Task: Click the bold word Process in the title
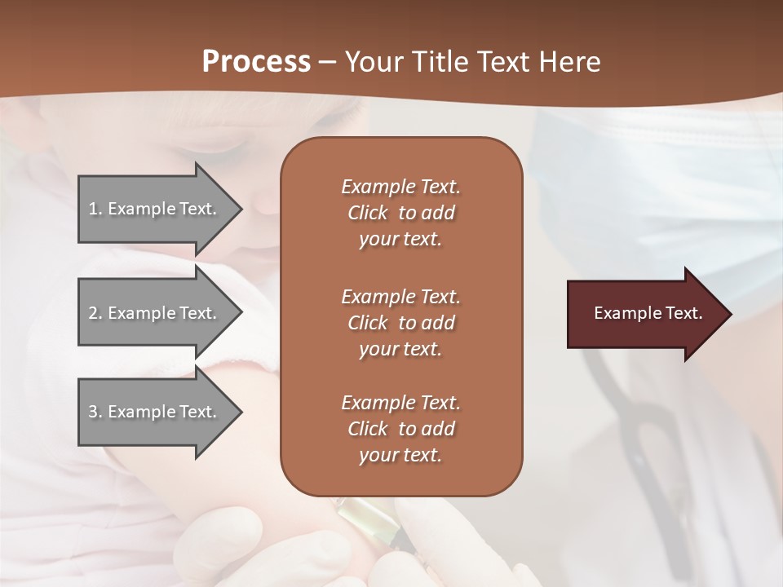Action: pos(256,62)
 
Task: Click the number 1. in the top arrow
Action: pos(95,209)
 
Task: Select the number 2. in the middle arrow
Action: pos(95,313)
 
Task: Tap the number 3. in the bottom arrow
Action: pos(95,412)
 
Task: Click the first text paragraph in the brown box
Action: pos(400,213)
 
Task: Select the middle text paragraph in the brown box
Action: pos(400,323)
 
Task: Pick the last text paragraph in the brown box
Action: pos(400,429)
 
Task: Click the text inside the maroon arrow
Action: pos(648,313)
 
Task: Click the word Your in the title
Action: pos(375,62)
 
